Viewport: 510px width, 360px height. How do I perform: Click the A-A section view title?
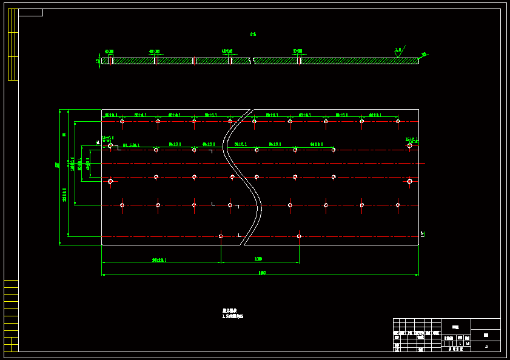(x=253, y=35)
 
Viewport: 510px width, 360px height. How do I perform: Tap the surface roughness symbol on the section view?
(x=398, y=53)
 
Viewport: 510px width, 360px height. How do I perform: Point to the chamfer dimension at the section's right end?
(x=424, y=55)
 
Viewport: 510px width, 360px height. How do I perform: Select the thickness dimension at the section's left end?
(x=98, y=61)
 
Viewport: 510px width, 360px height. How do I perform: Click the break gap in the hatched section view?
(x=252, y=61)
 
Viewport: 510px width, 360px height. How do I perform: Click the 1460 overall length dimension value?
(x=262, y=272)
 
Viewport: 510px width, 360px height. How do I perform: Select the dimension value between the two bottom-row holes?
(x=259, y=259)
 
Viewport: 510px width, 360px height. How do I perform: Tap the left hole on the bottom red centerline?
(x=220, y=236)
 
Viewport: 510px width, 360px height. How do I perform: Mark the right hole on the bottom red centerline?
(x=299, y=236)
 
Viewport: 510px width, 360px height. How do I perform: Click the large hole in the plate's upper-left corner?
(x=110, y=145)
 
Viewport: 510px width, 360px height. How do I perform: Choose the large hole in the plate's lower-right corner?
(x=409, y=181)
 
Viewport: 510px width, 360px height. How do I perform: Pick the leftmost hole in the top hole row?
(x=122, y=121)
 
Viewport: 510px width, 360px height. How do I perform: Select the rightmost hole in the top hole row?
(x=398, y=121)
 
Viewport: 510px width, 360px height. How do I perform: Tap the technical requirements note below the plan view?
(x=232, y=313)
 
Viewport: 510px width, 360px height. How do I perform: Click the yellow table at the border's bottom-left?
(x=11, y=315)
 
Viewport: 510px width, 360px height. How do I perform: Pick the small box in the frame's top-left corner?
(x=30, y=12)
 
